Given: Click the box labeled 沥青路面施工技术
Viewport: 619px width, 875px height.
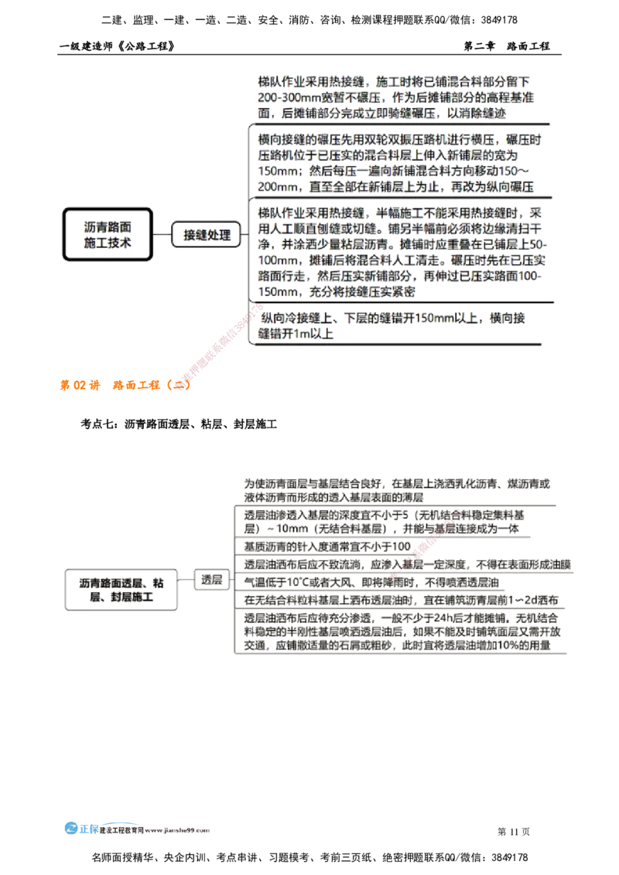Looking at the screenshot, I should coord(108,233).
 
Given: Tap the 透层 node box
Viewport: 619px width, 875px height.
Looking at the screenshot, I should coord(210,579).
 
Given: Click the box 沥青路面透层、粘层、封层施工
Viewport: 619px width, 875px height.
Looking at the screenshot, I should coord(120,589).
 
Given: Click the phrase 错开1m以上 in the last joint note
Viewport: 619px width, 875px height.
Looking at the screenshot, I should coord(294,334).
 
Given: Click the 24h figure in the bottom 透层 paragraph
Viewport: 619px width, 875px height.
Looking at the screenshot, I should coord(435,619).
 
